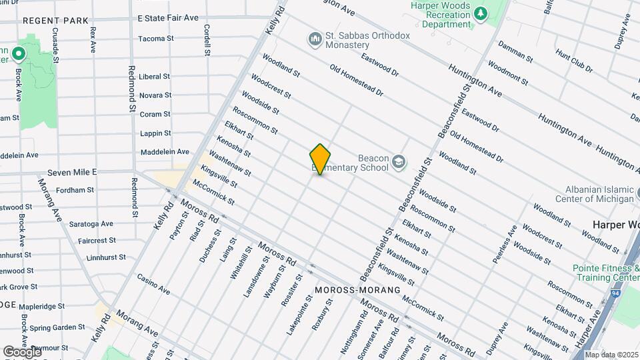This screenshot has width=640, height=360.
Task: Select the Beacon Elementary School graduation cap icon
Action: (x=399, y=163)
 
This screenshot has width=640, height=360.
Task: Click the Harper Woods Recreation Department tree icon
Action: (x=480, y=13)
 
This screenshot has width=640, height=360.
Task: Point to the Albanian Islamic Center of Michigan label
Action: (x=597, y=194)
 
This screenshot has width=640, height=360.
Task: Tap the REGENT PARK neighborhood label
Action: (x=55, y=21)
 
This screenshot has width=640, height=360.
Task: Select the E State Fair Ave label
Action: (x=168, y=18)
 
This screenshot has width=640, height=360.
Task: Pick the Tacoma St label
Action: (x=156, y=39)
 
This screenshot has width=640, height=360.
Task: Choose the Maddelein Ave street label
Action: (x=164, y=152)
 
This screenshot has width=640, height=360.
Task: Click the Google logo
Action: (x=22, y=351)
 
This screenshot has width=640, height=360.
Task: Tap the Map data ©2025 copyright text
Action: (x=611, y=354)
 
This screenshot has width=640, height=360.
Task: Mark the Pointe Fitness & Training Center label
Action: (x=605, y=272)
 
